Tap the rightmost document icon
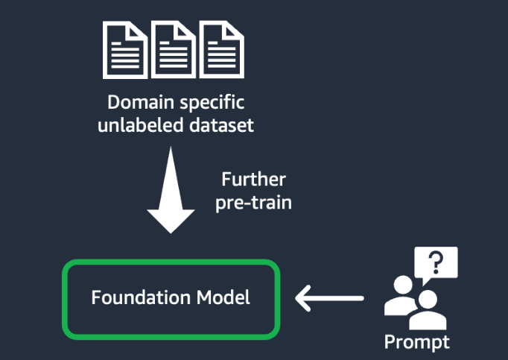(222, 49)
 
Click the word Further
(253, 180)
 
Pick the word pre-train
(253, 203)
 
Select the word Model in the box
(223, 297)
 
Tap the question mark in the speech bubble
(434, 262)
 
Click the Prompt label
(416, 342)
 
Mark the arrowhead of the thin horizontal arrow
(302, 299)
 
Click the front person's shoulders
(428, 320)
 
